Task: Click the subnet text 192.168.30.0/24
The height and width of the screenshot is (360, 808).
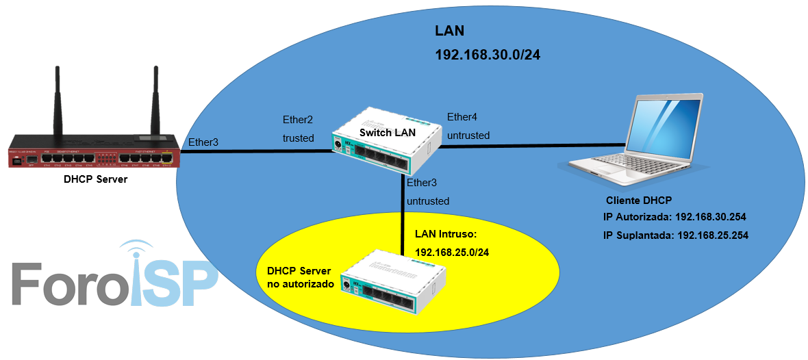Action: click(488, 55)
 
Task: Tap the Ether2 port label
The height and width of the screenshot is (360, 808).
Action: click(298, 120)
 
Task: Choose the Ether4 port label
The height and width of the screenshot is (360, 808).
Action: click(462, 116)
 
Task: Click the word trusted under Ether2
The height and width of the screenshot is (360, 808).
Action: click(299, 138)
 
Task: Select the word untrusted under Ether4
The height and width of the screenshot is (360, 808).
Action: click(468, 136)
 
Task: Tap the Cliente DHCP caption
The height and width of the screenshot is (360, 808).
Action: click(640, 201)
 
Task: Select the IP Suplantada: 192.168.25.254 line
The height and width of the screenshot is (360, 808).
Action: click(674, 235)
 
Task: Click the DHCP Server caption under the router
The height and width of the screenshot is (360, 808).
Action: click(95, 179)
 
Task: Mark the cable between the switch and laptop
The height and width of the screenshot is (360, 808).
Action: click(534, 145)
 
